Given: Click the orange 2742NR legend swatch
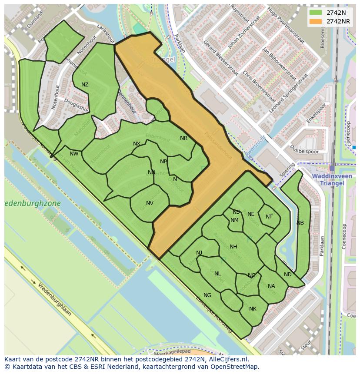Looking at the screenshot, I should [316, 21].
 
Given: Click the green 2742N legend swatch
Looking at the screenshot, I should [316, 13].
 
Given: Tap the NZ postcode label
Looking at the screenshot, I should [85, 85].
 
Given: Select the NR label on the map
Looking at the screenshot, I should [183, 138].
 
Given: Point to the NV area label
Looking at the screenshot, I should [150, 203].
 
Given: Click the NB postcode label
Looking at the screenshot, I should [300, 223].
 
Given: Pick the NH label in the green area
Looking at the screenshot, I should [233, 247].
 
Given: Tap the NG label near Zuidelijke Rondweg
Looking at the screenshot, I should [207, 295].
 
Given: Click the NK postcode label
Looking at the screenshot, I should [253, 309].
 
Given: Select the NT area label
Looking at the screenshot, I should [269, 217].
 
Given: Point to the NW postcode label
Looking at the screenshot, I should [74, 153].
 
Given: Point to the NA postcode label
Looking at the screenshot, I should [271, 286].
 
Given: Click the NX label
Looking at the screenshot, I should [137, 144].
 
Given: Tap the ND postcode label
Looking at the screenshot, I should [287, 275].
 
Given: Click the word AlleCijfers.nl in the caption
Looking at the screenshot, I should [227, 359].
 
